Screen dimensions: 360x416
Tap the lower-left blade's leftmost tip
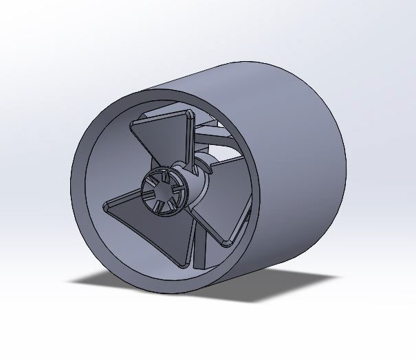click(107, 205)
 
